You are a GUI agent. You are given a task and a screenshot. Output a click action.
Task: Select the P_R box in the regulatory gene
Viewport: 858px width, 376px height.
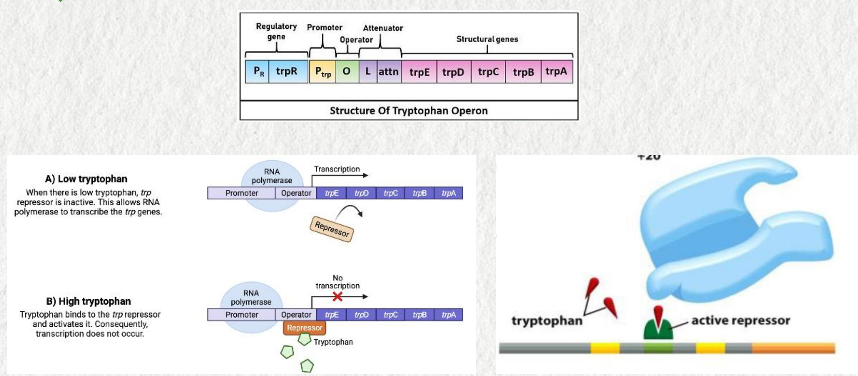point(257,71)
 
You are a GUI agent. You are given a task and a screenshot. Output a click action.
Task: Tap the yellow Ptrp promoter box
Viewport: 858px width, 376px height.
point(323,71)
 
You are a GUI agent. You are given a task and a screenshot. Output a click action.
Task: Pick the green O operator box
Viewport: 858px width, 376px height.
point(347,71)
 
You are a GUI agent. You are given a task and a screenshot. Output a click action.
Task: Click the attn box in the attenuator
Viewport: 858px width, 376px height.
point(389,72)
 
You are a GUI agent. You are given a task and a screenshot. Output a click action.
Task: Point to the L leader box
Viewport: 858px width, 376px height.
point(368,71)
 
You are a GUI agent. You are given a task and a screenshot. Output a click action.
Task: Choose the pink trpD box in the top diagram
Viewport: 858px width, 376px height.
point(453,72)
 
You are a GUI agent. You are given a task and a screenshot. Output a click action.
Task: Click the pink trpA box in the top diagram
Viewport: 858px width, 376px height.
point(556,71)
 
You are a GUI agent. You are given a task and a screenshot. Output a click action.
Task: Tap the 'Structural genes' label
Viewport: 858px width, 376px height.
point(487,39)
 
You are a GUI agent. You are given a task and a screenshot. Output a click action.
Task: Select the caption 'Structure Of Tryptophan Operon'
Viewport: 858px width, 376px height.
point(408,111)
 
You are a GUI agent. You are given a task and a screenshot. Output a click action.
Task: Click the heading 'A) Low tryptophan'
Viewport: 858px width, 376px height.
point(86,179)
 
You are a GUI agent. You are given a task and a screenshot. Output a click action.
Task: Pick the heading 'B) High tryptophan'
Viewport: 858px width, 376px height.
point(88,301)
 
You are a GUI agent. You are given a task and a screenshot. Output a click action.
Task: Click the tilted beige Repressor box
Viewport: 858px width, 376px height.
point(332,229)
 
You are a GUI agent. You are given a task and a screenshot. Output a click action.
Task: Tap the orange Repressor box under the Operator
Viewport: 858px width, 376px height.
point(304,328)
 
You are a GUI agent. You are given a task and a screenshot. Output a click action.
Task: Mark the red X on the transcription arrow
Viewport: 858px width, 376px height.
point(338,296)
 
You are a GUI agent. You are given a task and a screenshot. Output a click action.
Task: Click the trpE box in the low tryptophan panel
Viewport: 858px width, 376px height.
point(331,193)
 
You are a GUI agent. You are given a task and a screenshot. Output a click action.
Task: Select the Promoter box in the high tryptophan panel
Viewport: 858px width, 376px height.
point(242,315)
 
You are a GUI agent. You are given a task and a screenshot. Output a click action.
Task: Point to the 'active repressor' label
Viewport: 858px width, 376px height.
point(740,320)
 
